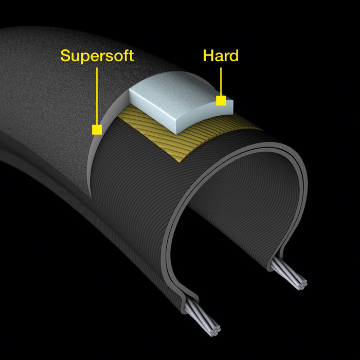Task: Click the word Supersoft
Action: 97,56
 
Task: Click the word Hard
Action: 221,56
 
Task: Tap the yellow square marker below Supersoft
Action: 97,130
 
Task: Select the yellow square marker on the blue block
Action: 221,101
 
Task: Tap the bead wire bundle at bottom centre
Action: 208,318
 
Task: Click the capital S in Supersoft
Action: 65,56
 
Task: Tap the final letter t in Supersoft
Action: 131,56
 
